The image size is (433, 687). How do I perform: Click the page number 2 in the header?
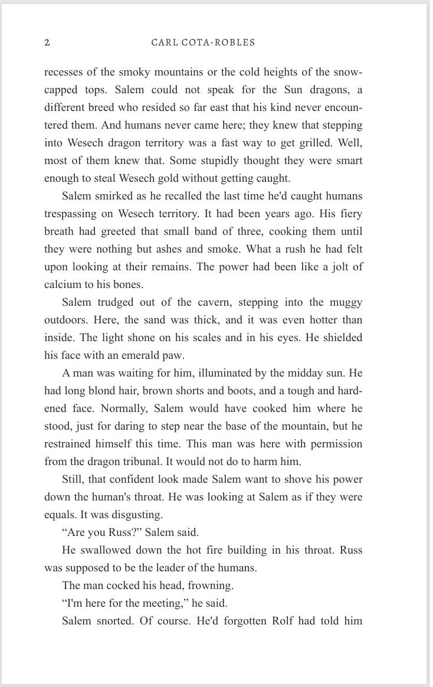[x=47, y=42]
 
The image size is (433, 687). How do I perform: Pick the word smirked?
[x=115, y=196]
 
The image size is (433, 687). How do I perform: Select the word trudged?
[x=116, y=302]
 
